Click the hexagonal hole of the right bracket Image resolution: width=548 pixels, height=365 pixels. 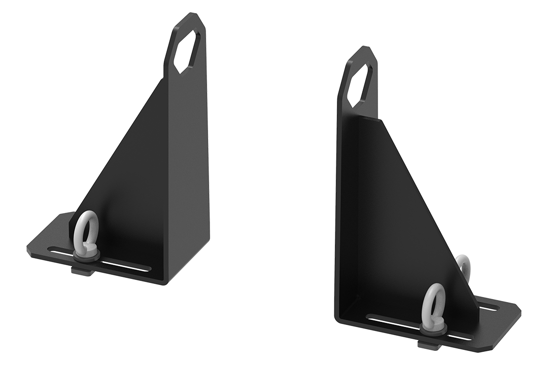[360, 84]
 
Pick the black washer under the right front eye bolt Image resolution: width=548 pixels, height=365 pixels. [434, 330]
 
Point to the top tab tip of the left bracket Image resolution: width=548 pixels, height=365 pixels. [192, 14]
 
